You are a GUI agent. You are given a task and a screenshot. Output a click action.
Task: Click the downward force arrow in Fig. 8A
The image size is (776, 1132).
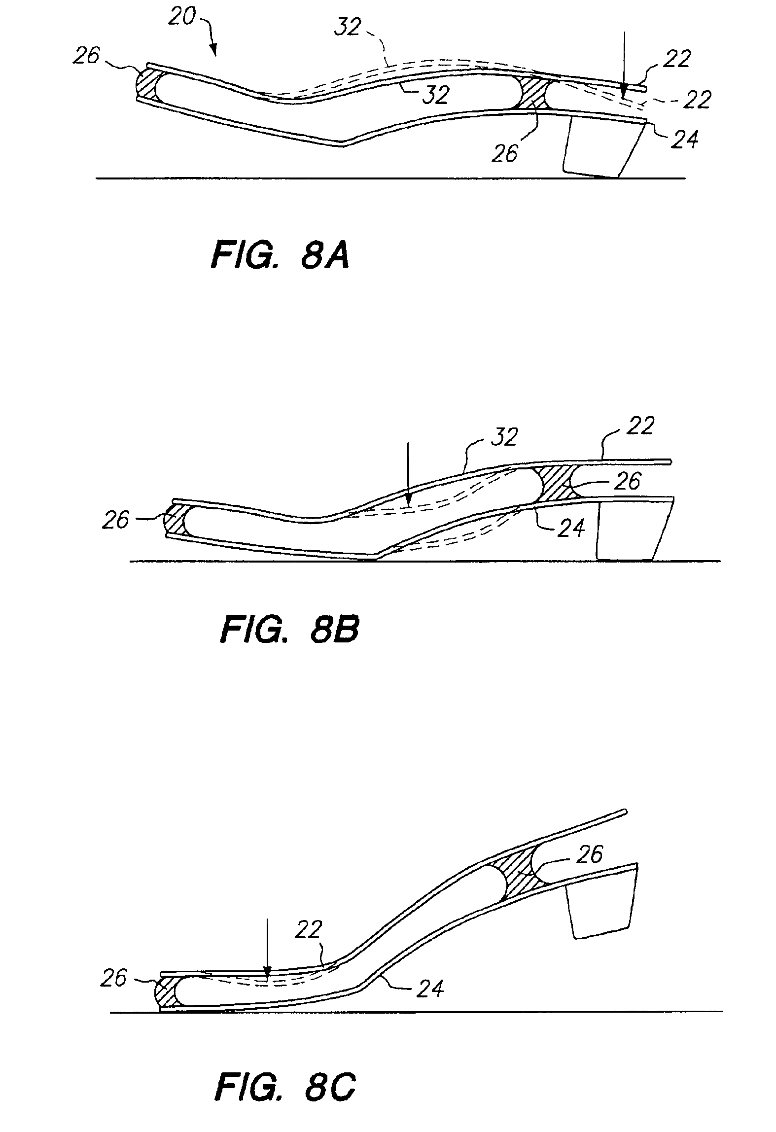624,64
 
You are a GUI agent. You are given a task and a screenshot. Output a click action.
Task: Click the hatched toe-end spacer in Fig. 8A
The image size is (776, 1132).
146,85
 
